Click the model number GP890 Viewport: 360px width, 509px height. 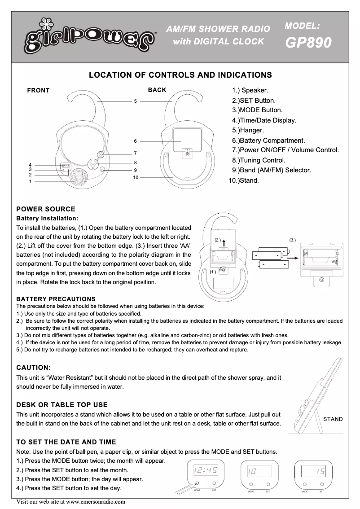pos(308,43)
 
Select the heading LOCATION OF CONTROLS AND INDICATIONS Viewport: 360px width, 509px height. pos(180,75)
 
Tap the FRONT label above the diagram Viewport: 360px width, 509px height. pos(38,91)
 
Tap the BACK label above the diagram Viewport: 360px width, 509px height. pos(157,90)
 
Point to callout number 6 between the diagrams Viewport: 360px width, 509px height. pos(135,141)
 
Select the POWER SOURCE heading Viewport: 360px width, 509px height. pos(46,209)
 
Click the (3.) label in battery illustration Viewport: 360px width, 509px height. pos(293,240)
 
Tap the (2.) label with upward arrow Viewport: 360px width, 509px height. pos(218,241)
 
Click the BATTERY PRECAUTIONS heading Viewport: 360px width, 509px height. pos(56,299)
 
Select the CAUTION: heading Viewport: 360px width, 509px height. pos(37,368)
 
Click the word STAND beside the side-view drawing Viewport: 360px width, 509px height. pos(333,419)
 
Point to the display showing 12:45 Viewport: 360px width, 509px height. pos(205,471)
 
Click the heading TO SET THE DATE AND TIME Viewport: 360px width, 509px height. pos(66,442)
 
